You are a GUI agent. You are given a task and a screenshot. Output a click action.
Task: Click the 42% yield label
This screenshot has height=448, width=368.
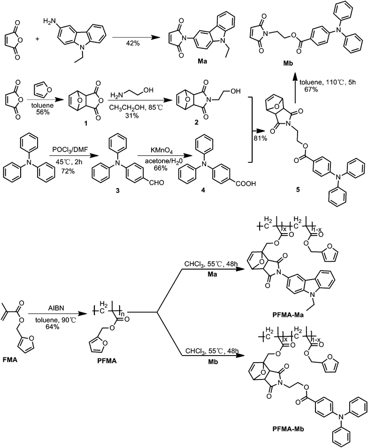coord(133,43)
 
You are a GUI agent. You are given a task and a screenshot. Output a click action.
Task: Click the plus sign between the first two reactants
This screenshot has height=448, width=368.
coord(37,39)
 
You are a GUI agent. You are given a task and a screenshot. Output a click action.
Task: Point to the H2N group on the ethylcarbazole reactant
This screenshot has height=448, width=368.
coord(49,21)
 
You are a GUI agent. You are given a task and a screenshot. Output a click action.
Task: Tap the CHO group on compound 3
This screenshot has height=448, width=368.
coord(157,182)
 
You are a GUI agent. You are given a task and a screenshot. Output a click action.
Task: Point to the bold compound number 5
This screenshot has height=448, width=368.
coord(298,190)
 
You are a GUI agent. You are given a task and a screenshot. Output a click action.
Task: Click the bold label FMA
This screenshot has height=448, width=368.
coord(9,360)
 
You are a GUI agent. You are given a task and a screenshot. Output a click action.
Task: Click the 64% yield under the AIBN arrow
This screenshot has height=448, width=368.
coord(52,327)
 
